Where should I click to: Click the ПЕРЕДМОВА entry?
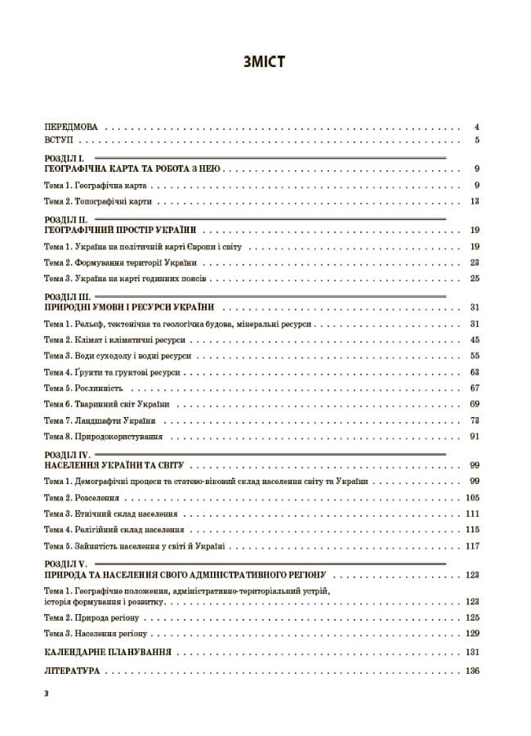71,128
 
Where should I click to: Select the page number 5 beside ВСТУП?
476,141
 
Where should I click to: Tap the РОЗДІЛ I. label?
64,158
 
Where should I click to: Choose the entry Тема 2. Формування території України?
119,263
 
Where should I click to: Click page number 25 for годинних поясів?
475,278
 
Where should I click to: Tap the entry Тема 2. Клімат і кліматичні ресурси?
114,339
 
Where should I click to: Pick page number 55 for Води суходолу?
475,356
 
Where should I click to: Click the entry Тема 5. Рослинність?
83,388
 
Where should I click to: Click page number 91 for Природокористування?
475,437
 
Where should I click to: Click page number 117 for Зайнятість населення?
472,545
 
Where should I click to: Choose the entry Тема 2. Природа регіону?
92,617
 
